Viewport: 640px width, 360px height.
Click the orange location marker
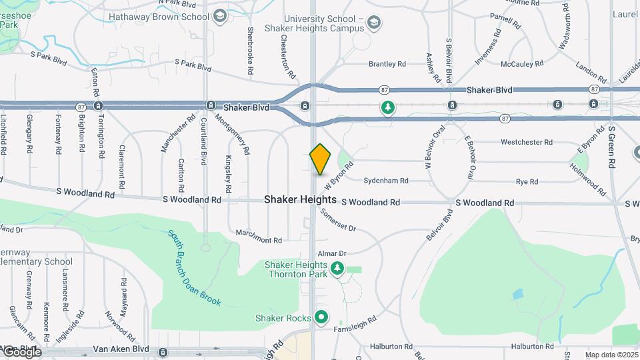click(x=321, y=159)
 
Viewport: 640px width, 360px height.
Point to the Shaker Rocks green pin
click(x=321, y=317)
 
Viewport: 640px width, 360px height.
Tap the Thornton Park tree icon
click(x=337, y=269)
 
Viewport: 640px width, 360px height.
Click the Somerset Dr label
click(x=338, y=220)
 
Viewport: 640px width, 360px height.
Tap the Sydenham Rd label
click(x=386, y=181)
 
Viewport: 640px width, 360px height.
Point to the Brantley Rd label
click(x=388, y=64)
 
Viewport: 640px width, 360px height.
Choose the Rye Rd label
click(x=527, y=181)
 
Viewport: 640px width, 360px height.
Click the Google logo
click(x=22, y=352)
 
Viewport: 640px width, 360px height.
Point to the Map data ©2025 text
click(x=611, y=355)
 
